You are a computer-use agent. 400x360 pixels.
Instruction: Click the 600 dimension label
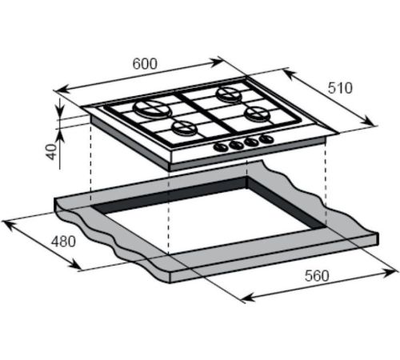click(145, 64)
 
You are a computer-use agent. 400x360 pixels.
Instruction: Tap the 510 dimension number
click(340, 88)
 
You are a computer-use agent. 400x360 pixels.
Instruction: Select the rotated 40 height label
click(52, 152)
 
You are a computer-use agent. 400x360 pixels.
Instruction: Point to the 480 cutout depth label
click(63, 242)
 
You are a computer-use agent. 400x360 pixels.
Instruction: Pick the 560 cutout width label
click(317, 276)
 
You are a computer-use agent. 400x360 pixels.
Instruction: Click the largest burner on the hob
click(152, 109)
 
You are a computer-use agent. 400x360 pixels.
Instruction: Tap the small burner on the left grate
click(185, 127)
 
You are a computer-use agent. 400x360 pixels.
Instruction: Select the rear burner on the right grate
click(230, 94)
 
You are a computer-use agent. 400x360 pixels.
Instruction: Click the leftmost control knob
click(221, 147)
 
